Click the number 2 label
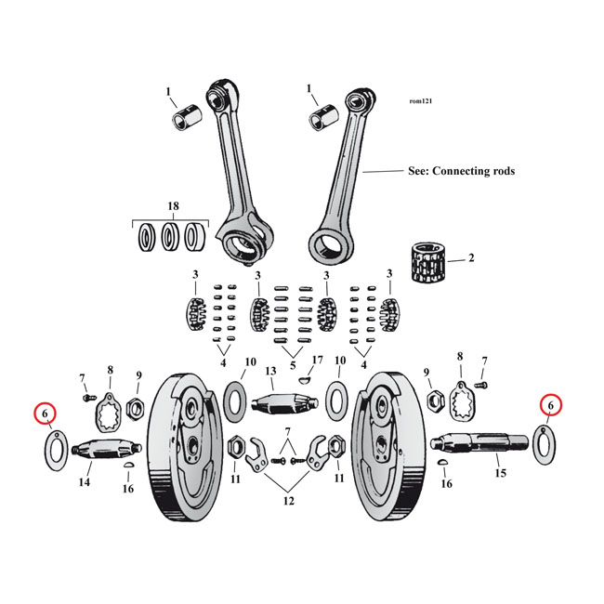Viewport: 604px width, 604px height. [471, 258]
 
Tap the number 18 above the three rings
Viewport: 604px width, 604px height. [172, 205]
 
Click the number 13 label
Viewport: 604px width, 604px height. [271, 371]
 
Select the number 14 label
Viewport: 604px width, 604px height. [84, 482]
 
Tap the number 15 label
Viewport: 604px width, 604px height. [500, 474]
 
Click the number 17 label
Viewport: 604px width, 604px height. [317, 360]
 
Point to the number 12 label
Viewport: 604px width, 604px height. [288, 501]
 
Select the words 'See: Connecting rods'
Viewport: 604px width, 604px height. [461, 171]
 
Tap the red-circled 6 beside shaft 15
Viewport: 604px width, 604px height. [550, 405]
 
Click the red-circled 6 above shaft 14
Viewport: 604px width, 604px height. [44, 413]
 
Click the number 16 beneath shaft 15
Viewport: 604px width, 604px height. [447, 484]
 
